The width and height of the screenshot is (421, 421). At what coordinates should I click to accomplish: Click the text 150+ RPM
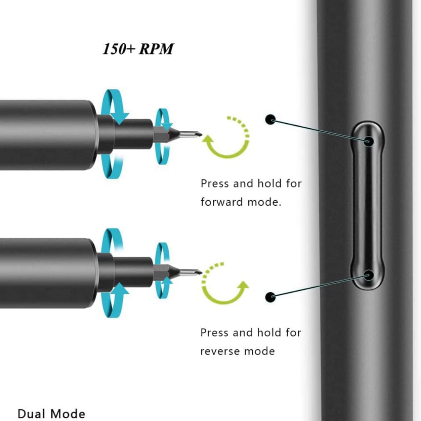[138, 49]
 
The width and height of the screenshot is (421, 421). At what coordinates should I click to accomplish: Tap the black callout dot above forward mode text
[271, 120]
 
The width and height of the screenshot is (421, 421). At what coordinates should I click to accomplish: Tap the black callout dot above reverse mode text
[271, 297]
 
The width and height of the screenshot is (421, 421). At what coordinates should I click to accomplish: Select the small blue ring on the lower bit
[163, 271]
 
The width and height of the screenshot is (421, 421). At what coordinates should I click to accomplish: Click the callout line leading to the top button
[321, 130]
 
